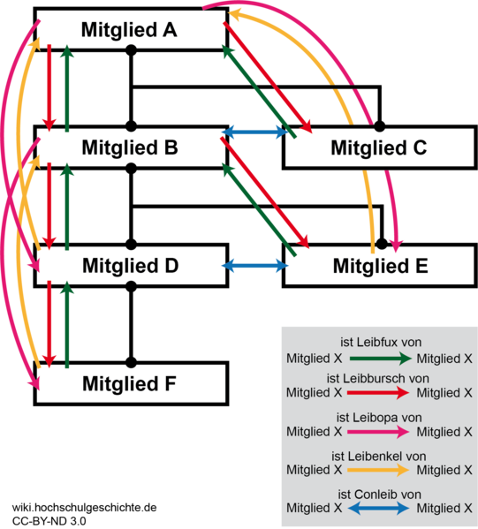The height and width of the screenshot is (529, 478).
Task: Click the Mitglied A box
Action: pyautogui.click(x=131, y=30)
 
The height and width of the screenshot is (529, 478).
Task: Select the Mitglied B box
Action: pyautogui.click(x=131, y=147)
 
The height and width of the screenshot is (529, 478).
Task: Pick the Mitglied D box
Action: pyautogui.click(x=131, y=266)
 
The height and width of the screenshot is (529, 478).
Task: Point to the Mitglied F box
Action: pyautogui.click(x=131, y=384)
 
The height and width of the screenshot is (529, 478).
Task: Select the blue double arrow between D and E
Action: pyautogui.click(x=255, y=265)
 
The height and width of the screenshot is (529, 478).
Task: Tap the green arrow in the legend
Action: pyautogui.click(x=379, y=359)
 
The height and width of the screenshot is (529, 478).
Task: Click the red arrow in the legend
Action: pyautogui.click(x=379, y=393)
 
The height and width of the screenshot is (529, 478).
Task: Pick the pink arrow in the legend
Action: pyautogui.click(x=379, y=432)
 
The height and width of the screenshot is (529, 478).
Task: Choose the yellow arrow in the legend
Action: pyautogui.click(x=379, y=471)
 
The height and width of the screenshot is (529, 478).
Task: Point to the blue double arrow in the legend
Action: pyautogui.click(x=379, y=509)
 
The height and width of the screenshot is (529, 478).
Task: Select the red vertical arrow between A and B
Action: pyautogui.click(x=49, y=87)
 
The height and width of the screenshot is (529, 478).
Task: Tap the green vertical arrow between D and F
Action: pyautogui.click(x=67, y=324)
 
